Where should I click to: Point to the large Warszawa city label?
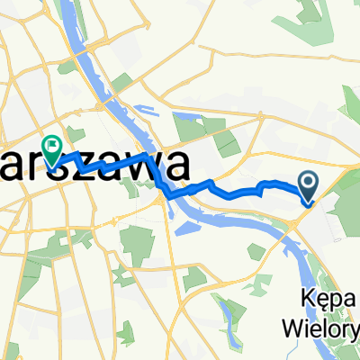94,167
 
